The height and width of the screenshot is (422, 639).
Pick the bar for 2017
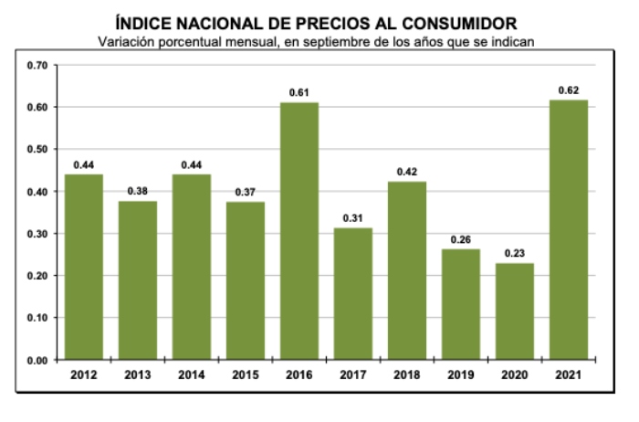[x=352, y=293]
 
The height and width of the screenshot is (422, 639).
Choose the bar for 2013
[x=138, y=280]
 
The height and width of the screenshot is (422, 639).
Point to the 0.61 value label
[x=299, y=92]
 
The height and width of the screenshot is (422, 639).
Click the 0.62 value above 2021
[x=568, y=90]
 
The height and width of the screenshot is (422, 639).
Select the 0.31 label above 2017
[x=352, y=218]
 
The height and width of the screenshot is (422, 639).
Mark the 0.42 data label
[x=406, y=172]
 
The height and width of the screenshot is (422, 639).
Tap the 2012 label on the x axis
[x=84, y=375]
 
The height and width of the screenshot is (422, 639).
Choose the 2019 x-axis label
[x=460, y=375]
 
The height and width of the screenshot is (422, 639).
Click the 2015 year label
[x=246, y=375]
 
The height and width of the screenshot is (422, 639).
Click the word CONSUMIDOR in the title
[x=461, y=23]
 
